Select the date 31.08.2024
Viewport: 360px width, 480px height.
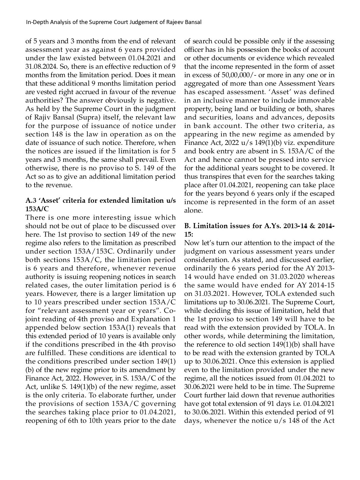tap(39, 67)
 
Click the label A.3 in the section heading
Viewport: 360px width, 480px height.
tap(31, 201)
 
